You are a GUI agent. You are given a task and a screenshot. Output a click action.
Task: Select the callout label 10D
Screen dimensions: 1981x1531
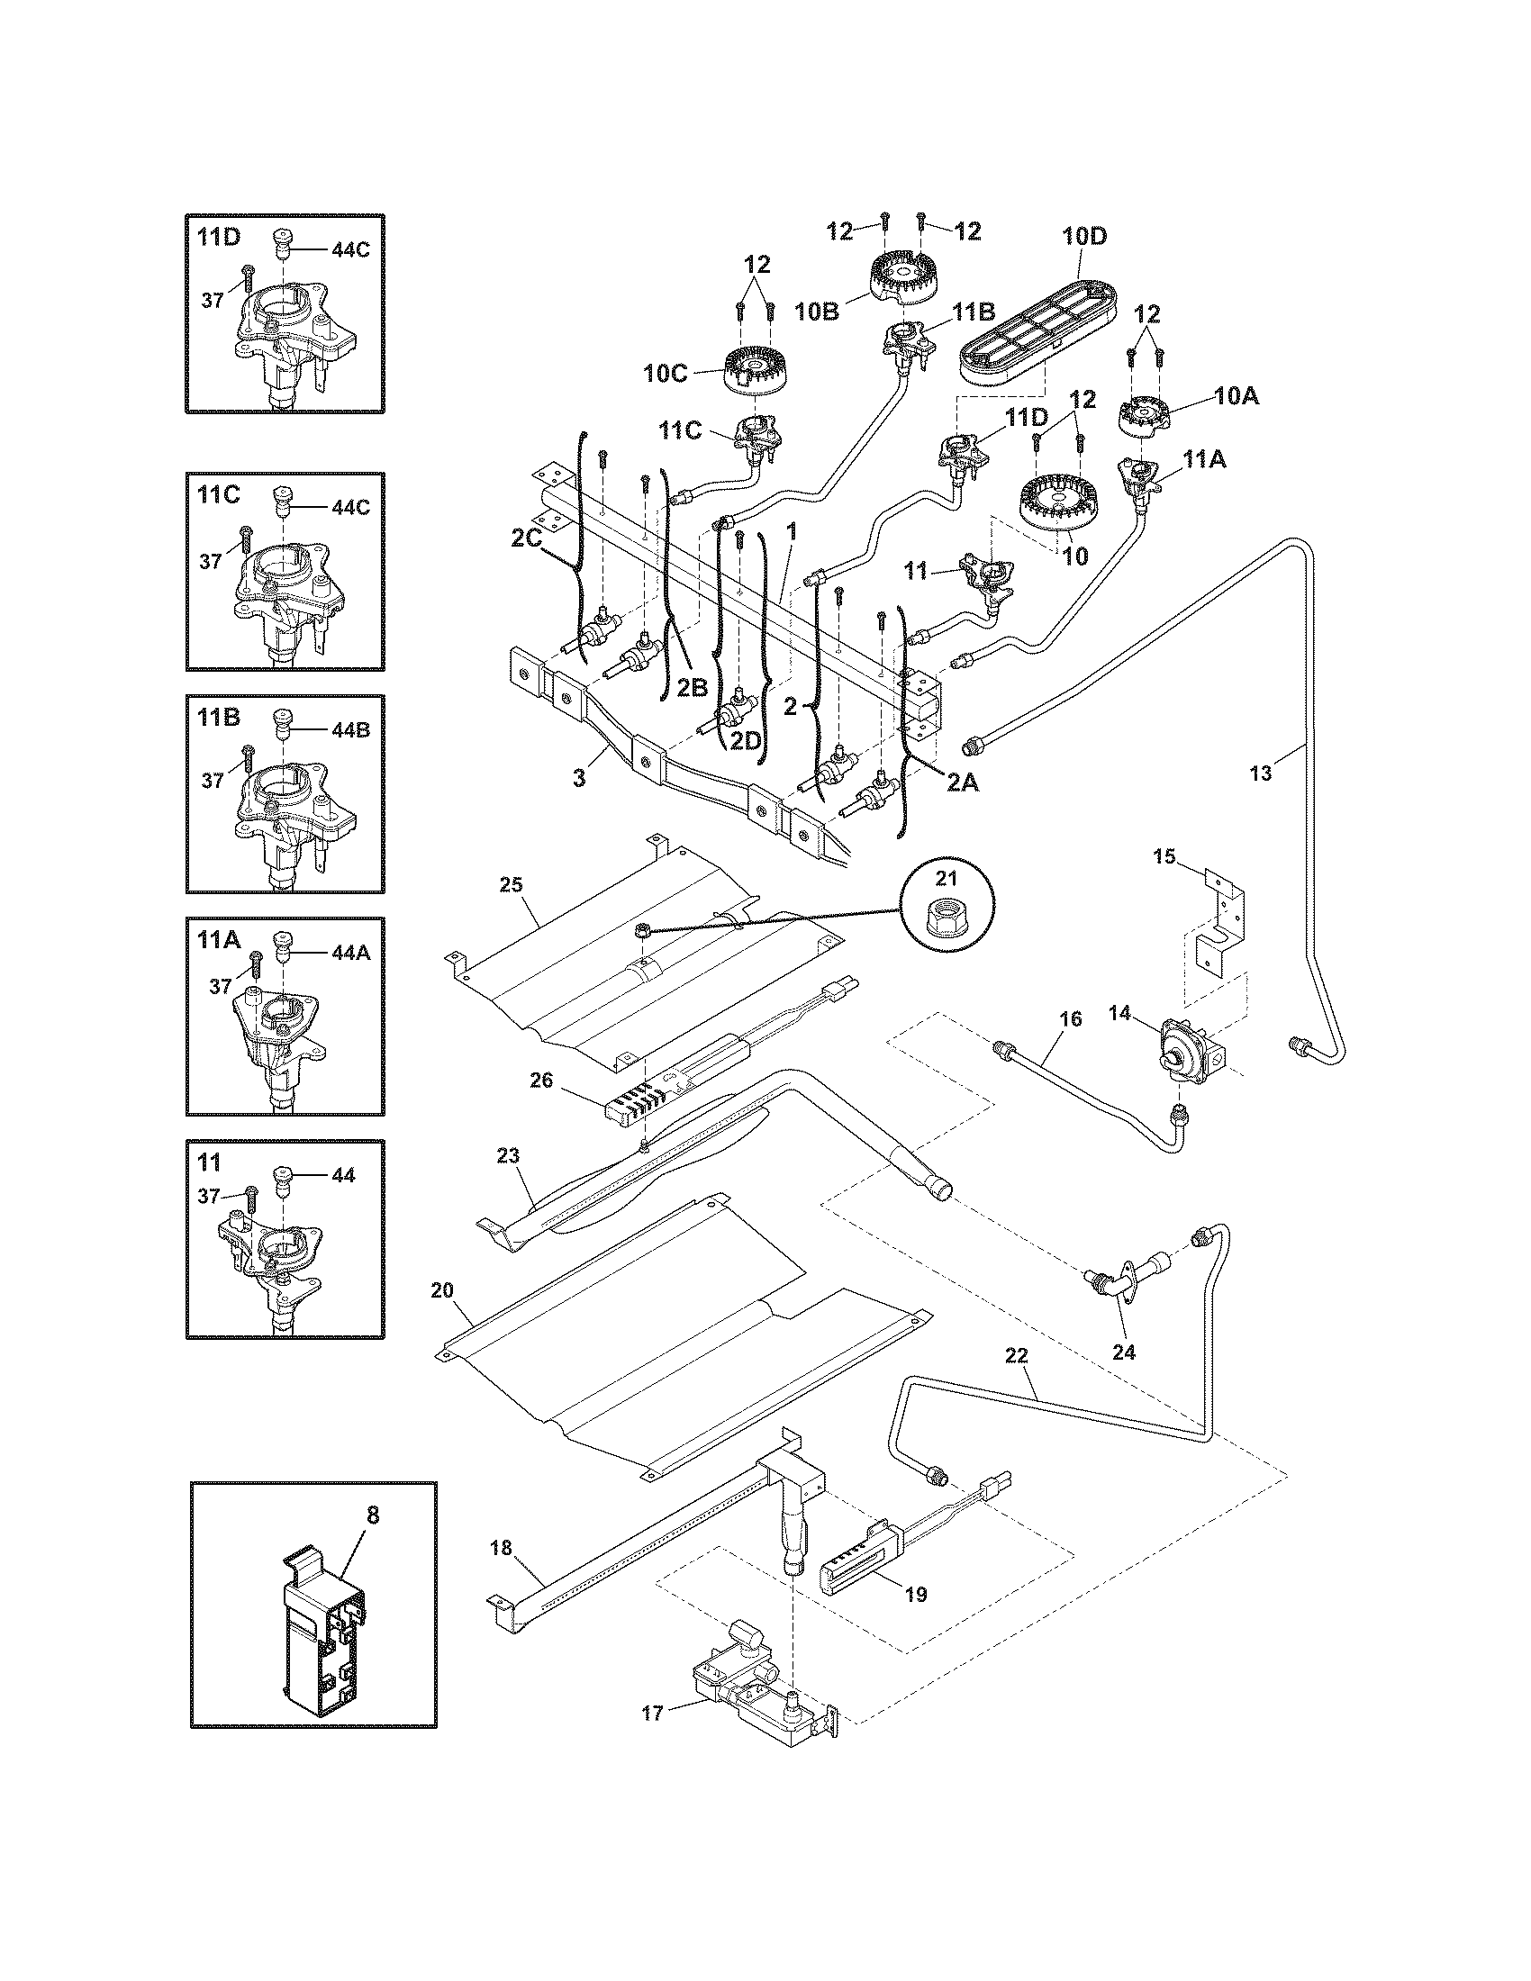point(1085,236)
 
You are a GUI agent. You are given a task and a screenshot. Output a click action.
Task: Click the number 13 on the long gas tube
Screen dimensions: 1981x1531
point(1261,773)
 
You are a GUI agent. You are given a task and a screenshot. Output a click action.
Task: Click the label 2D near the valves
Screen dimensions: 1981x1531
point(745,740)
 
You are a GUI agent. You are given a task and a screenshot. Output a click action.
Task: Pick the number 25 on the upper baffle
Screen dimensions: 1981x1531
point(511,884)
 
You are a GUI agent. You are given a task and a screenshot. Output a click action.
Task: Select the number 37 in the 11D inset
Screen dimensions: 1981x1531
point(212,299)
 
